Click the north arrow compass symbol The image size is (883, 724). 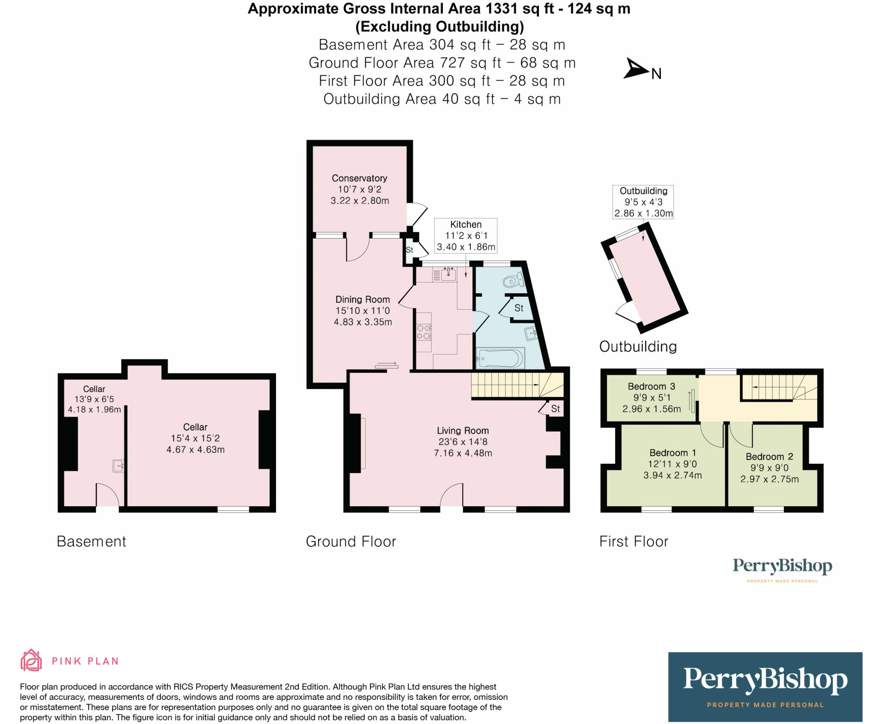point(636,69)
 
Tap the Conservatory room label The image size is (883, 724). point(359,178)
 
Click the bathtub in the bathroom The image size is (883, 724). point(501,358)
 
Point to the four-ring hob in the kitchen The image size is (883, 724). point(423,332)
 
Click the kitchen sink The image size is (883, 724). point(448,274)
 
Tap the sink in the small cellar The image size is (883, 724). point(118,466)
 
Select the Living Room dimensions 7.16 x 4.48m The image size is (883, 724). point(463,453)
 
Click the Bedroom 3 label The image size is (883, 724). point(651,386)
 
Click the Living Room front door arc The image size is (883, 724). point(451,494)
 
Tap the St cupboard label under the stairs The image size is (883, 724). point(555,409)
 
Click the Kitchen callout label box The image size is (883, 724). point(466,236)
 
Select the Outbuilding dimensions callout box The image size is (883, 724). point(643,202)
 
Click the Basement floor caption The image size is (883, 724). point(91,541)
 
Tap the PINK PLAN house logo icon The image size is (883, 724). point(31,660)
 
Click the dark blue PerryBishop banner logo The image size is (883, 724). point(765,687)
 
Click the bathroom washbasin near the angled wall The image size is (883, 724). point(530,332)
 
